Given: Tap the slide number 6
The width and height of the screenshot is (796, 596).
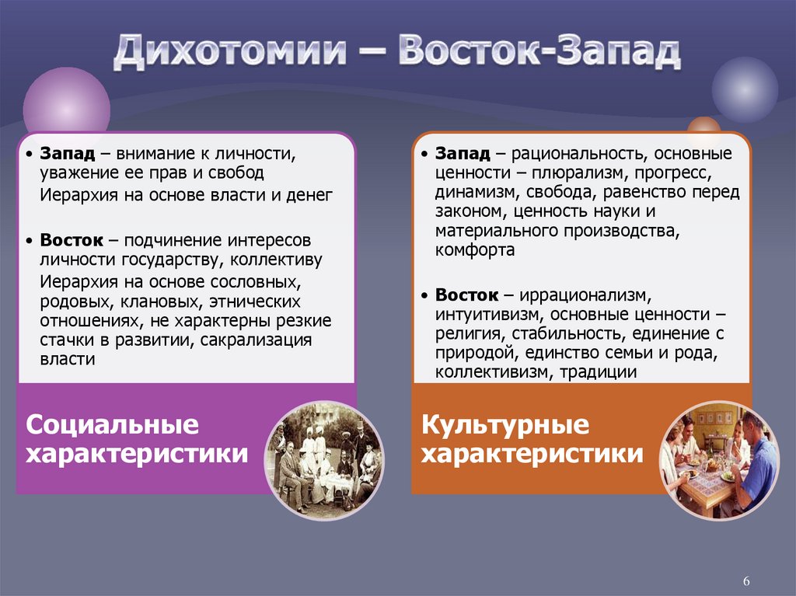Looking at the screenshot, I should pos(746,582).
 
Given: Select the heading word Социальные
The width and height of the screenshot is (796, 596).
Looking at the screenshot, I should pos(113,425).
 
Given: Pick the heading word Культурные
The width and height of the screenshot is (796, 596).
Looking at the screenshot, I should pos(505,425).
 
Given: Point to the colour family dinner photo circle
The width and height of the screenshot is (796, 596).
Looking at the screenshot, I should pos(718,460).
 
